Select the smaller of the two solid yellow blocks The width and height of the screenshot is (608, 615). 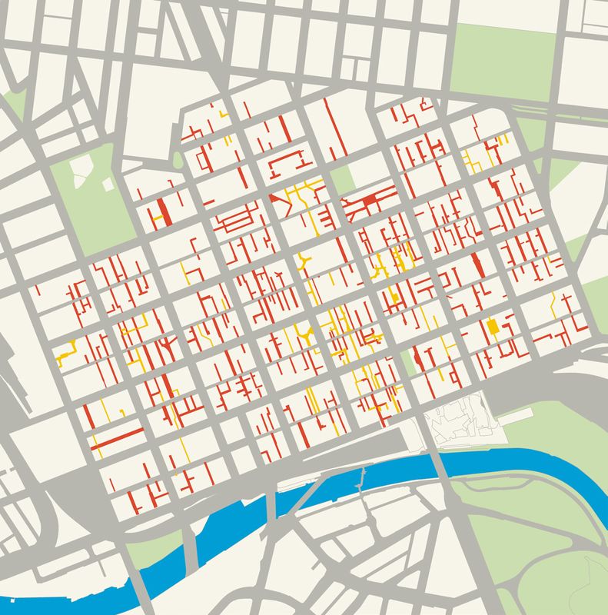pos(395,297)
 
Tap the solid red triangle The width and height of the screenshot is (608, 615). pos(274,198)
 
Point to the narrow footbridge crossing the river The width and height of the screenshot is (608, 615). pos(360,480)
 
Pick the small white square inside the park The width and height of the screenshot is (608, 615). pos(107,185)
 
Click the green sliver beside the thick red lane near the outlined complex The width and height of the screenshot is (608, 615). pos(410,358)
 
